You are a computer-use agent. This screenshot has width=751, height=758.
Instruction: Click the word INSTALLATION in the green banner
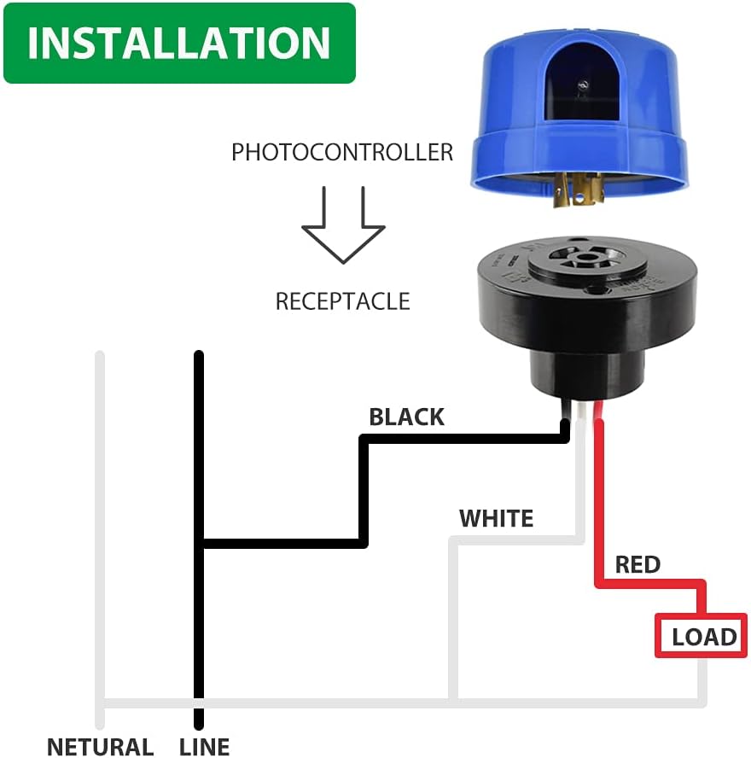(178, 44)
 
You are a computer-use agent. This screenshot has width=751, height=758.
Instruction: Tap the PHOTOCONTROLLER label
(342, 153)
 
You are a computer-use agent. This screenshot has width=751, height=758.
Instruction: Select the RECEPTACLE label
(342, 301)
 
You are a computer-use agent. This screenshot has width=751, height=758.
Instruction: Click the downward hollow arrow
(343, 224)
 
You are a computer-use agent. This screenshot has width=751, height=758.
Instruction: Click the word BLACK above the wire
(406, 417)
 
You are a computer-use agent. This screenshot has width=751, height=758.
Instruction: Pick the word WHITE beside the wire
(496, 518)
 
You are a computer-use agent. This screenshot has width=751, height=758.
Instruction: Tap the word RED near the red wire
(637, 564)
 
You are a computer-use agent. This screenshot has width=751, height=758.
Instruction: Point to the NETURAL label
(100, 747)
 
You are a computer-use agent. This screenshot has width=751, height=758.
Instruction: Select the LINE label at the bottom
(205, 747)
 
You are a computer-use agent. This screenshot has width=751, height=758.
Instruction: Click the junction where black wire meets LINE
(200, 542)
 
